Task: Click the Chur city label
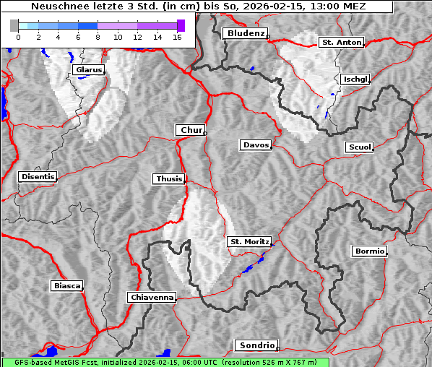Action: click(x=191, y=130)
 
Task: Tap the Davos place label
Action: click(x=256, y=145)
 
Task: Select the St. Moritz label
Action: click(x=249, y=241)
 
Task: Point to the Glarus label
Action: click(x=88, y=70)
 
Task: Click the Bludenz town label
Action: click(x=244, y=33)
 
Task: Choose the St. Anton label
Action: click(x=341, y=43)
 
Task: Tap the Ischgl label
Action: click(x=356, y=79)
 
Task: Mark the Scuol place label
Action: click(x=359, y=147)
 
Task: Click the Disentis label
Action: click(x=38, y=176)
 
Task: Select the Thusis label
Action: click(x=169, y=178)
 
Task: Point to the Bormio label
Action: click(x=369, y=251)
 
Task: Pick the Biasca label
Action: click(x=66, y=286)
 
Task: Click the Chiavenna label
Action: click(x=152, y=297)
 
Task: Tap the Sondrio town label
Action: click(x=256, y=345)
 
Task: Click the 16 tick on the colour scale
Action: click(x=177, y=37)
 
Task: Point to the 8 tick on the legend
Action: click(x=98, y=37)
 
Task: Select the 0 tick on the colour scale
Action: click(x=18, y=37)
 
